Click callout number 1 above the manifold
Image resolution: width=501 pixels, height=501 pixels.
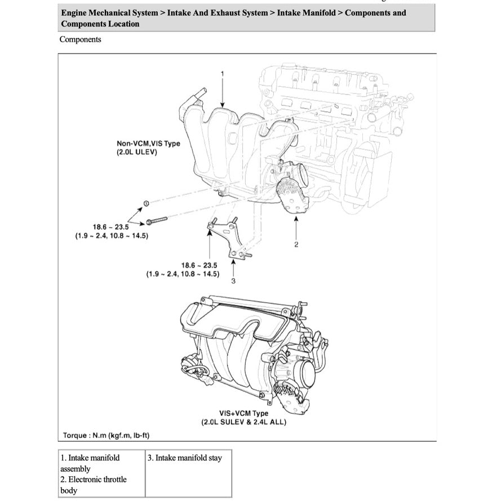coord(223,74)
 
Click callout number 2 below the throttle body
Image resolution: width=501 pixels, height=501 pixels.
coord(296,244)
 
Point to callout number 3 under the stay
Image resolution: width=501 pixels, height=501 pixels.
coord(233,282)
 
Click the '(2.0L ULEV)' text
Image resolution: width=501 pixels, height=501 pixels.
coord(137,152)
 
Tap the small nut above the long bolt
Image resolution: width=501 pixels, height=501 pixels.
coord(145,203)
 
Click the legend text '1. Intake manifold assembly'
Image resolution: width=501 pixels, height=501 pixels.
coord(90,463)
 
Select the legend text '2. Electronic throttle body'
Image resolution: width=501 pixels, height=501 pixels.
coord(94,485)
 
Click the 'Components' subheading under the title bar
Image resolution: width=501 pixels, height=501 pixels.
coord(80,39)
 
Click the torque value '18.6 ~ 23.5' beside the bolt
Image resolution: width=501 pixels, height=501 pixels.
coord(111,227)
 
